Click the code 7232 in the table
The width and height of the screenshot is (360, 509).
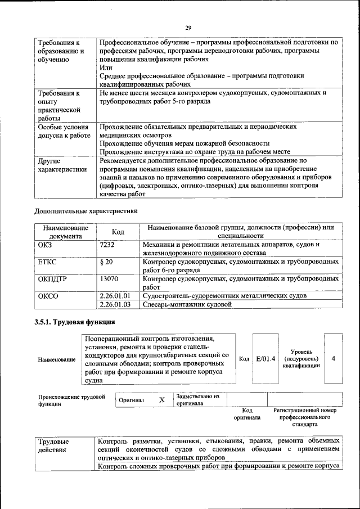tap(107, 245)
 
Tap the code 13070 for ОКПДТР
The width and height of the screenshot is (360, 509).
tap(109, 278)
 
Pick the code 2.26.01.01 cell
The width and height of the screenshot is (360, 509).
tap(115, 295)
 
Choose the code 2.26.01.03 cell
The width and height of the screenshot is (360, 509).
tap(115, 304)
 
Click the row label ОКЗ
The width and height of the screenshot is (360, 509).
tap(44, 245)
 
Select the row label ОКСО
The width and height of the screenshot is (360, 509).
tap(48, 295)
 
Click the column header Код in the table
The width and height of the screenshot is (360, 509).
tap(118, 232)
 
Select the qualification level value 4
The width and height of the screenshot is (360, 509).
tap(334, 358)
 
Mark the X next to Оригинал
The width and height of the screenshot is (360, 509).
tap(162, 400)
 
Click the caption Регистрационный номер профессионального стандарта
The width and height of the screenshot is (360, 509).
tap(305, 418)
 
